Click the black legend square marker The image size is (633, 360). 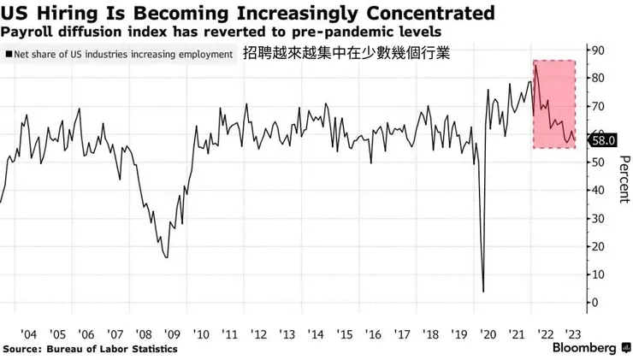(8, 54)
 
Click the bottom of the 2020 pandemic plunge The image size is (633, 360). (484, 292)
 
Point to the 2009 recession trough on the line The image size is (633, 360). (166, 257)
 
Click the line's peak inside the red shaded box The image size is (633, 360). (535, 66)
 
